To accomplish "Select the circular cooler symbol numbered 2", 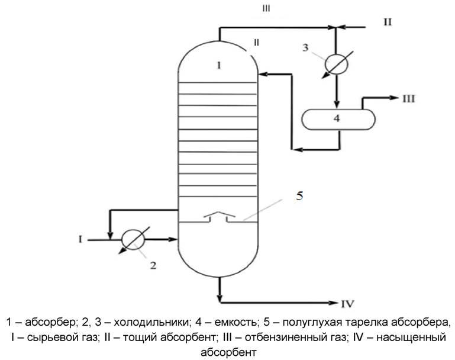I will click(x=133, y=240).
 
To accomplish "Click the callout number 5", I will click(x=299, y=196).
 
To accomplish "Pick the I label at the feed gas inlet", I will click(x=79, y=239).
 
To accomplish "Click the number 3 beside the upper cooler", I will click(x=306, y=47).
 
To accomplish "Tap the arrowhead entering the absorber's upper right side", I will click(x=263, y=74).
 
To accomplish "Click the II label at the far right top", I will click(x=388, y=22).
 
